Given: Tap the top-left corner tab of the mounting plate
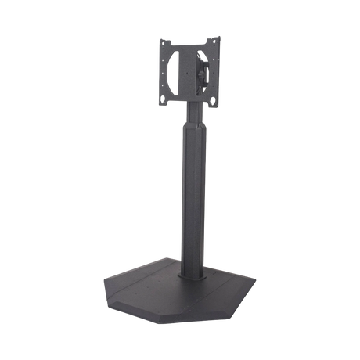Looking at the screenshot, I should click(x=162, y=40).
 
